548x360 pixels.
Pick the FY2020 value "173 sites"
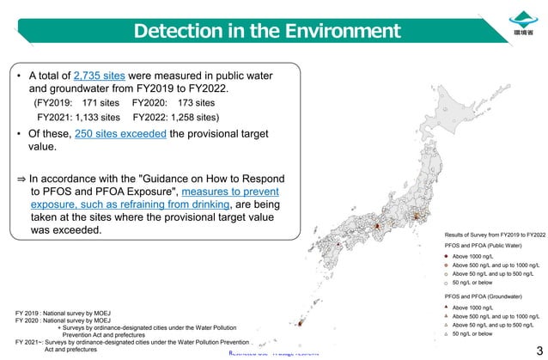pos(192,102)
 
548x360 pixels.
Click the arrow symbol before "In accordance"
pos(21,176)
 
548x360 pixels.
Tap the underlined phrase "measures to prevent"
pos(230,191)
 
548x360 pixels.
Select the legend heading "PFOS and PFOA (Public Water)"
pos(487,246)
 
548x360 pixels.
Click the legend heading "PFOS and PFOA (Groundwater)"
pos(486,295)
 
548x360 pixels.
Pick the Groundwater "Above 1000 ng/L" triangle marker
pos(447,307)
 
